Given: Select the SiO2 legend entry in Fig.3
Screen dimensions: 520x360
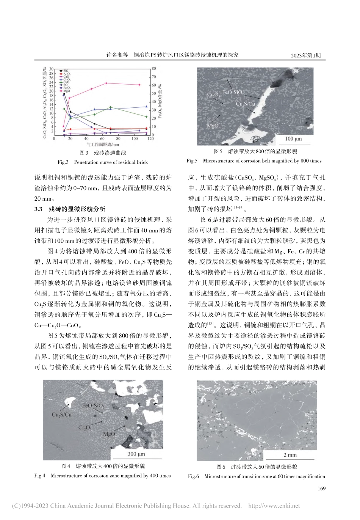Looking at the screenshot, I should pyautogui.click(x=65, y=71).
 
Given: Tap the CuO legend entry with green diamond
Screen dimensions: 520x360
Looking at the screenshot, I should pyautogui.click(x=65, y=82).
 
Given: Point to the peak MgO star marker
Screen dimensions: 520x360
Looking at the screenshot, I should pyautogui.click(x=106, y=83).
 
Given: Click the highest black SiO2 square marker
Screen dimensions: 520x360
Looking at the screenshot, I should pyautogui.click(x=64, y=94).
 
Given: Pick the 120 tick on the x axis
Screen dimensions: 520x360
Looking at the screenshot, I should pyautogui.click(x=150, y=139).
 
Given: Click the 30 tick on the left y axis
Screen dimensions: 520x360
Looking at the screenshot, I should pyautogui.click(x=51, y=68).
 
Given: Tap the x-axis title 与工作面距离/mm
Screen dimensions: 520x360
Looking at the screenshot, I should pyautogui.click(x=103, y=145).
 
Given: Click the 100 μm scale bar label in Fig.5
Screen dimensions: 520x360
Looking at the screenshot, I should pyautogui.click(x=293, y=139).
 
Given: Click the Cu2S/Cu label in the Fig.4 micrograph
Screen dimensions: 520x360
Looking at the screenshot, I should pyautogui.click(x=61, y=415).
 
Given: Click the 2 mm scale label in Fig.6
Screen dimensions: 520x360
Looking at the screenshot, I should pyautogui.click(x=290, y=455).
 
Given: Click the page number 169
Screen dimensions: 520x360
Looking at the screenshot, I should pyautogui.click(x=320, y=489).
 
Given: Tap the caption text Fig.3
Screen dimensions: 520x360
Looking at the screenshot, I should pyautogui.click(x=63, y=162).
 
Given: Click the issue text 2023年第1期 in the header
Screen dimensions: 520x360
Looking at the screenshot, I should pyautogui.click(x=305, y=55).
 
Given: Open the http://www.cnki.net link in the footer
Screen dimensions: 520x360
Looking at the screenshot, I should pyautogui.click(x=273, y=506).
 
